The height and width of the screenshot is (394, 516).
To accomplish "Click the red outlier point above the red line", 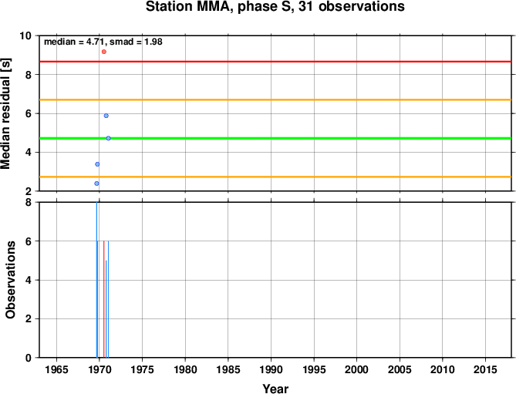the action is coord(104,52).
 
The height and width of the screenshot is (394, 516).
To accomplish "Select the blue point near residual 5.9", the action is coord(106,116).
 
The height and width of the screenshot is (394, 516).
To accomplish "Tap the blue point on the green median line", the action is coord(108,138).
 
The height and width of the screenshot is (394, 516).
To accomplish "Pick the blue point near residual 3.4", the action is coord(97,164).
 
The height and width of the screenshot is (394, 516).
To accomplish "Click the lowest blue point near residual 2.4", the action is coord(96,184).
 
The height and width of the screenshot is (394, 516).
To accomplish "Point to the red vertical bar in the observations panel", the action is coord(104,299).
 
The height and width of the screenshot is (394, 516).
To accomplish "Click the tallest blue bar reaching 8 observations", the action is coord(96,280).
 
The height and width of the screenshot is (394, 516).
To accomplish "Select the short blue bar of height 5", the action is coord(106,309).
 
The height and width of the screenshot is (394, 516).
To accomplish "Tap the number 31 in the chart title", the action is coord(305,7).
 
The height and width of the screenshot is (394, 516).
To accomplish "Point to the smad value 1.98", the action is coord(153,42).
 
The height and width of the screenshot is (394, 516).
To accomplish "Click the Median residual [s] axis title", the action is coord(5,113).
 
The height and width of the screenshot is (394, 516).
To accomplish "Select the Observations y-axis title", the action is coord(11,280).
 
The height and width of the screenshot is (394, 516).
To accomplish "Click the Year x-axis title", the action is coord(275,389).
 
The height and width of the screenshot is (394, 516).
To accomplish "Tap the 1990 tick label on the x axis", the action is coord(271,369).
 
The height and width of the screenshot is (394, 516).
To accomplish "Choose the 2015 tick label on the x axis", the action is coord(485,369).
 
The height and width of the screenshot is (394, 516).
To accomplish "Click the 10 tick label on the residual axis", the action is coord(26,35).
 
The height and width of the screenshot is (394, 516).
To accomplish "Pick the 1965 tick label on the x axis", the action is coord(56,369).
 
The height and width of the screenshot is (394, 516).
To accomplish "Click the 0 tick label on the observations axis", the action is coord(29,358).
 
